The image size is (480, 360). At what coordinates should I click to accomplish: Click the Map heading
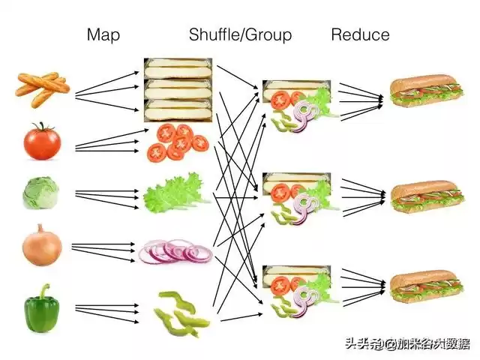point(103,34)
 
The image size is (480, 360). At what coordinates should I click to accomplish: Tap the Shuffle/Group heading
point(240,34)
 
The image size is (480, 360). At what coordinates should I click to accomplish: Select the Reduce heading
point(360,34)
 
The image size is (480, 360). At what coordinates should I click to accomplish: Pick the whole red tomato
point(40,140)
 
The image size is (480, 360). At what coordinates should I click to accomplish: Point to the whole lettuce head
point(40,193)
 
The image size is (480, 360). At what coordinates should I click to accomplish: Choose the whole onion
point(42,244)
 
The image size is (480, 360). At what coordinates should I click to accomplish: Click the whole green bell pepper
point(42,308)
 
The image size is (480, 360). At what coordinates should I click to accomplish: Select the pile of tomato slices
point(178,142)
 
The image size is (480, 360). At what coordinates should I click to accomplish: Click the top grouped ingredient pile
point(297,105)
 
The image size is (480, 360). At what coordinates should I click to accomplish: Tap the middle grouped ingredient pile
point(297,199)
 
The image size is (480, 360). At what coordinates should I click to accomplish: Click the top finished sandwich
point(424,93)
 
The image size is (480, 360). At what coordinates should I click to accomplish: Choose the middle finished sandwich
point(424,196)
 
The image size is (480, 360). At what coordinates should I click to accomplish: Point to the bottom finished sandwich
point(424,289)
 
